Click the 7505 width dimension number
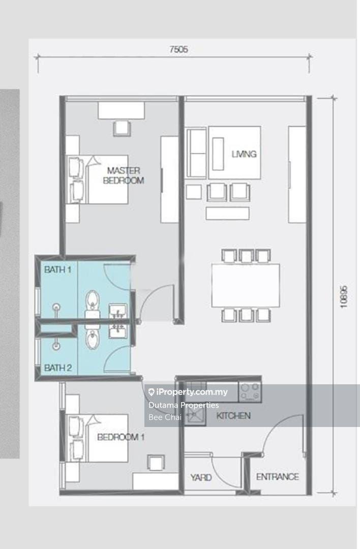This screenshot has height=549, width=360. click(x=178, y=49)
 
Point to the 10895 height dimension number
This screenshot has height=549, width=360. click(x=344, y=297)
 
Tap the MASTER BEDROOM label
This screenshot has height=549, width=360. click(x=123, y=175)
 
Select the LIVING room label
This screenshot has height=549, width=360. click(x=244, y=154)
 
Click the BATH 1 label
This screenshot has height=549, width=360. click(x=58, y=269)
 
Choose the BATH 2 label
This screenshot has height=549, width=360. click(x=58, y=368)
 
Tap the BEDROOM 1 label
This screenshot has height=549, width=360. click(x=121, y=437)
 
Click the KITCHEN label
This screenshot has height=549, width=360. click(x=233, y=416)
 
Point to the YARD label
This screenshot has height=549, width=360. click(x=201, y=477)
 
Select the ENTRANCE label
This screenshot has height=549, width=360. click(x=277, y=476)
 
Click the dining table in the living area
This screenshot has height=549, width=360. click(x=246, y=286)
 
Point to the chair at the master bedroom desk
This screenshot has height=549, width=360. click(x=122, y=128)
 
